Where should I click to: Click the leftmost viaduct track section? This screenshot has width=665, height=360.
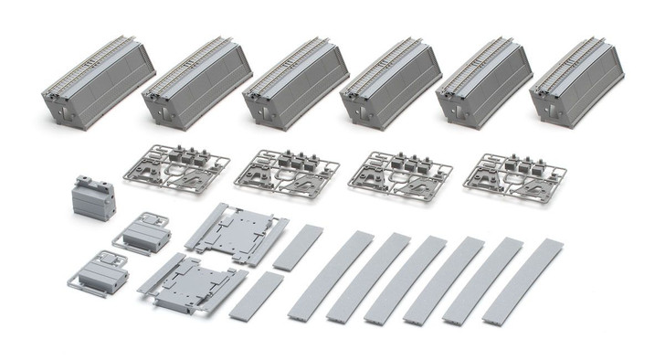(x=99, y=87)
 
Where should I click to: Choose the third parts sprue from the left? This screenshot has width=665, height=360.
(x=402, y=168)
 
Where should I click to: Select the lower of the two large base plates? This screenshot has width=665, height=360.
(x=195, y=284)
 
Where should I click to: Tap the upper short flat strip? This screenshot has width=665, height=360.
(x=298, y=246)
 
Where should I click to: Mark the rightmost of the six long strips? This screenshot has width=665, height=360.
(x=523, y=282)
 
